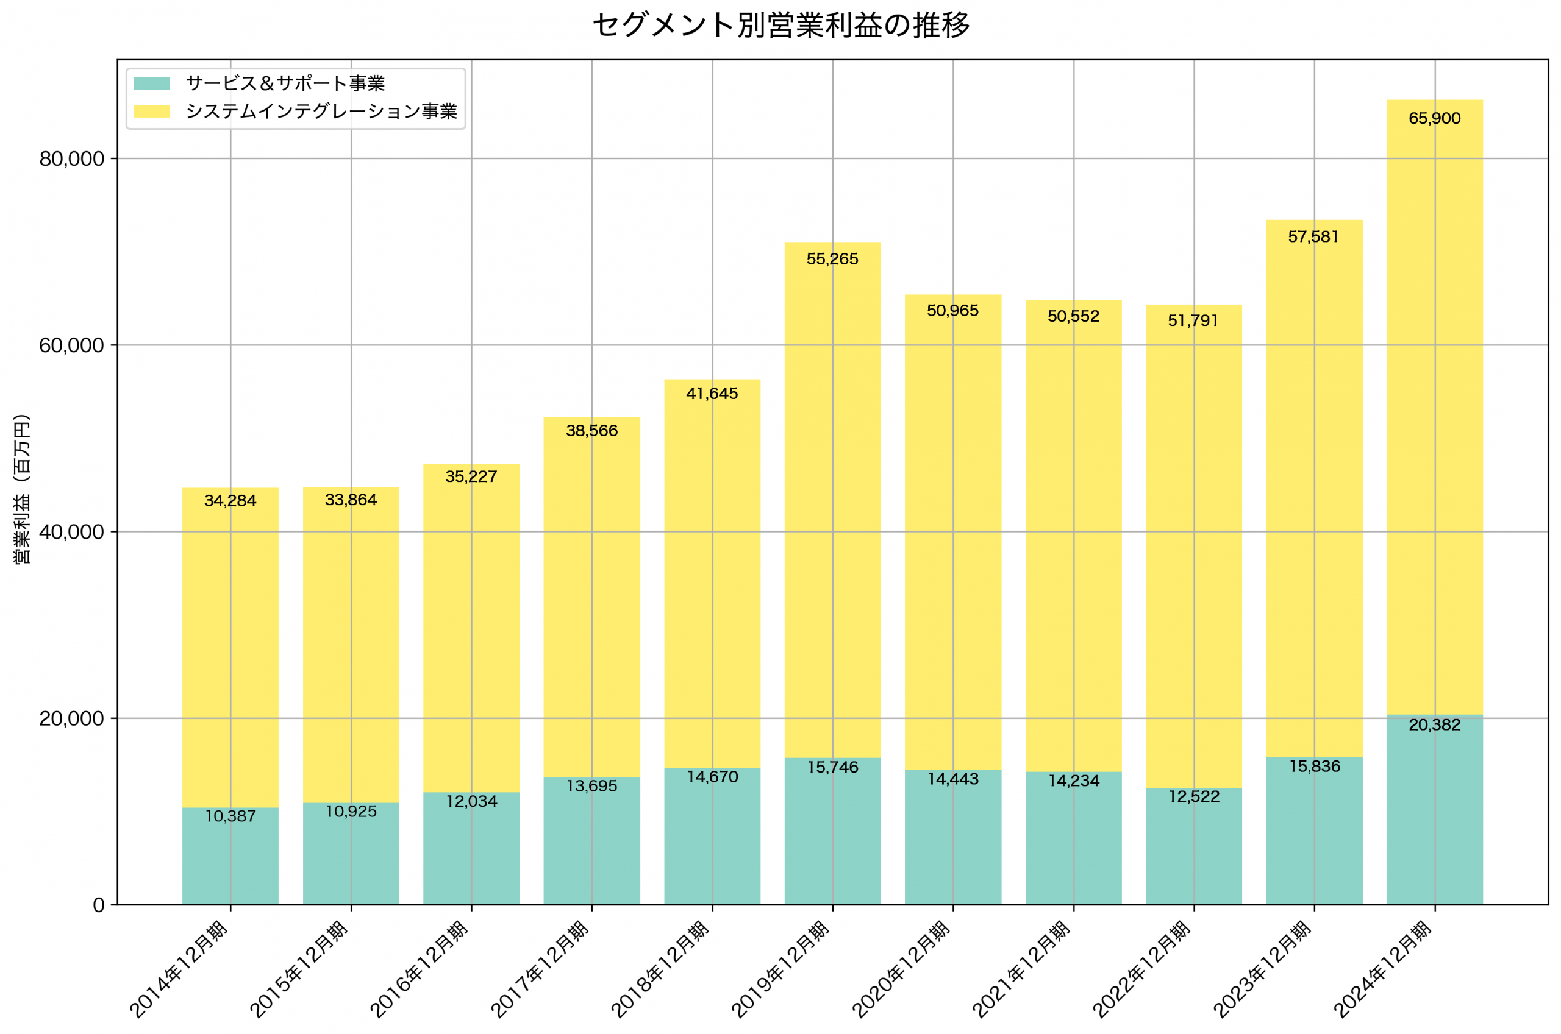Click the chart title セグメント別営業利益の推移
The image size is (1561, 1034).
(x=780, y=26)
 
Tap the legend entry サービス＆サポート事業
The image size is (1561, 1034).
(x=285, y=83)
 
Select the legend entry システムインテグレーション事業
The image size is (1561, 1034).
(x=321, y=112)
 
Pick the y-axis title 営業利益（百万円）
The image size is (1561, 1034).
(x=22, y=489)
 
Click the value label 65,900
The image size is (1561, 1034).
(x=1434, y=119)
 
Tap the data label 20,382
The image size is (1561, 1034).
(x=1434, y=725)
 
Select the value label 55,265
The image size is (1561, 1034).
(x=832, y=259)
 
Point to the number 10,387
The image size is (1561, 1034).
(x=230, y=816)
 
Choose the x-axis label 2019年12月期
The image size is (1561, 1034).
(x=781, y=969)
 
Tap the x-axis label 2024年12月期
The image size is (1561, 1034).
(x=1384, y=969)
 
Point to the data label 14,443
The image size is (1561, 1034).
(x=952, y=779)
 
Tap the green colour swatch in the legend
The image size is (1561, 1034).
(x=152, y=83)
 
